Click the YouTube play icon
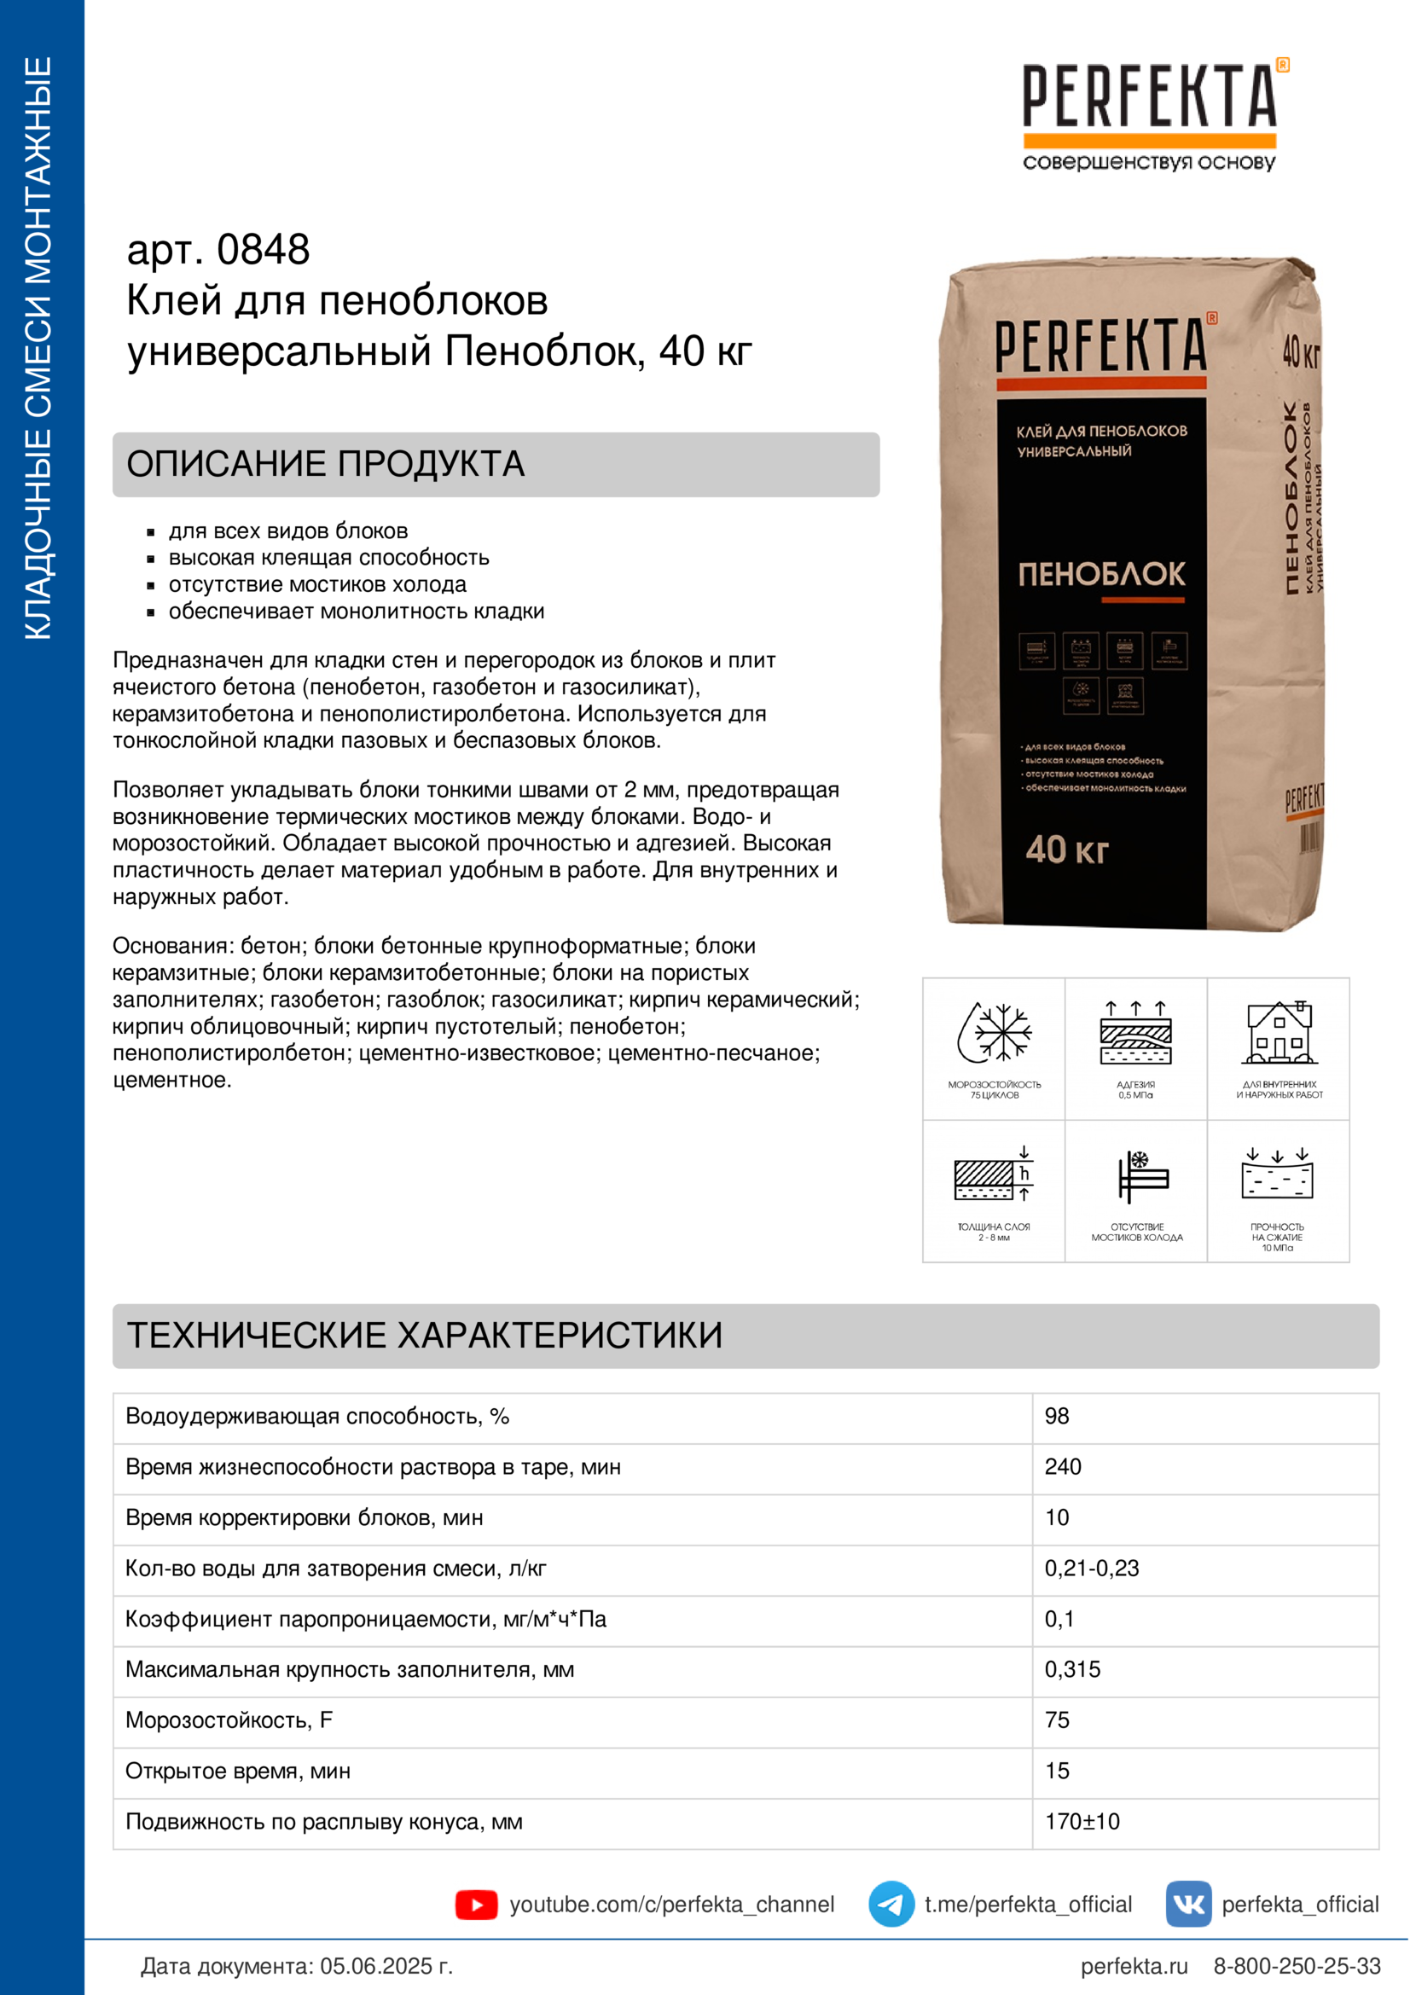[476, 1905]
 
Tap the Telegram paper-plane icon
[891, 1905]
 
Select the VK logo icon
[1187, 1905]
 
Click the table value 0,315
[1072, 1670]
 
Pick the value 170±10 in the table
[1082, 1822]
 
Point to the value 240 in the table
[1063, 1468]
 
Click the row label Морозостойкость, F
[229, 1720]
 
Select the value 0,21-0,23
[1091, 1569]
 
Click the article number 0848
[264, 250]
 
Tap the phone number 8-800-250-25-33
[1297, 1966]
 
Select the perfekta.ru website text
[1134, 1966]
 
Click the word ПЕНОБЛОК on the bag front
[1100, 574]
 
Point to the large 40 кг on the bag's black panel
[1067, 850]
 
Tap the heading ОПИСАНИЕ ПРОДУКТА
[326, 464]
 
